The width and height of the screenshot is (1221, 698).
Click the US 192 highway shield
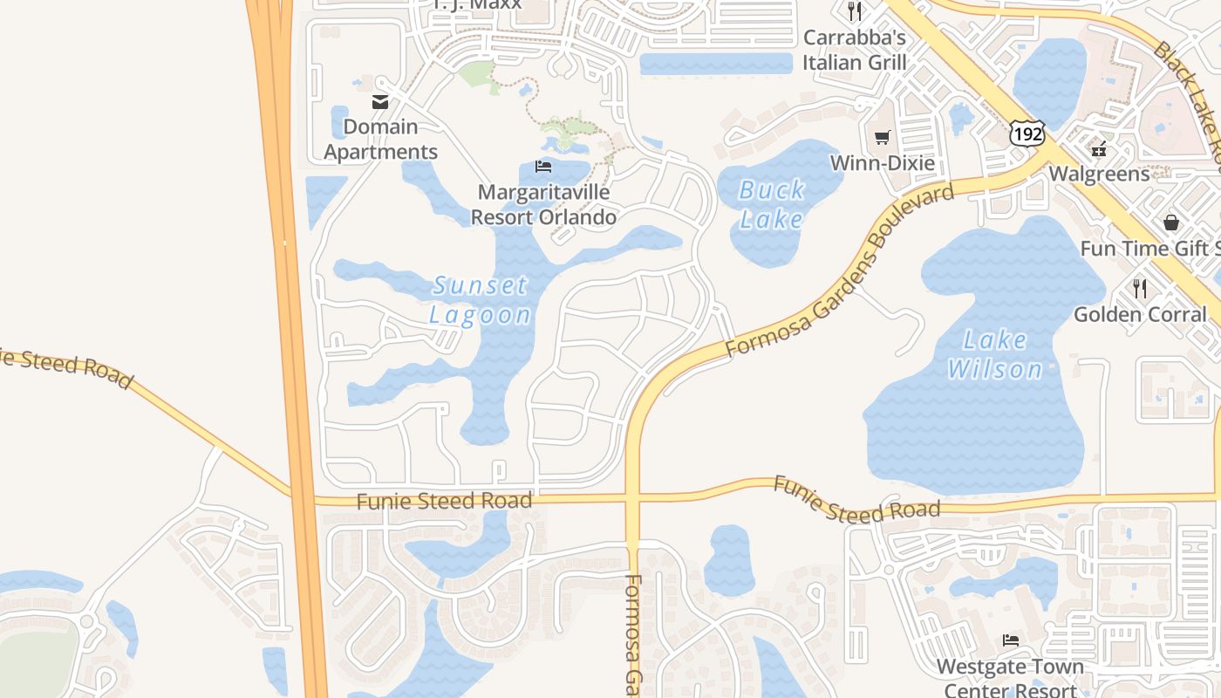coord(1027,133)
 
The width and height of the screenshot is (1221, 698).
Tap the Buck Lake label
coord(771,204)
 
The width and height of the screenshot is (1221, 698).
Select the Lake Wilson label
coord(995,354)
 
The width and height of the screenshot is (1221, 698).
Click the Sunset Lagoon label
coord(480,300)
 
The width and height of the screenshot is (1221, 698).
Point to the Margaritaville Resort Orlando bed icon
coord(543,166)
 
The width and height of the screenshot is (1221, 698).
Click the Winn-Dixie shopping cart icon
coord(882,137)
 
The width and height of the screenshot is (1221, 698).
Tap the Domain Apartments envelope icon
coord(380,102)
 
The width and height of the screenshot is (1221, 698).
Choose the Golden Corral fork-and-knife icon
coord(1139,287)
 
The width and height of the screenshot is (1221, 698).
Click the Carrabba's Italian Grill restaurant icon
coord(855,11)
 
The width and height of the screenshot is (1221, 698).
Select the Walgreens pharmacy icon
coord(1098,148)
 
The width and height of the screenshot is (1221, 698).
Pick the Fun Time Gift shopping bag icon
coord(1170,222)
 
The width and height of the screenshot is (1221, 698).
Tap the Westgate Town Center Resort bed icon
coord(1010,640)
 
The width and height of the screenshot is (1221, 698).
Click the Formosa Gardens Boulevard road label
coord(839,271)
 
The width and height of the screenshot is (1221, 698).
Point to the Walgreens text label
coord(1099,174)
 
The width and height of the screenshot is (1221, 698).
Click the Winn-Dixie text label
coord(882,163)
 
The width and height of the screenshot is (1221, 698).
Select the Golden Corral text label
coord(1140,314)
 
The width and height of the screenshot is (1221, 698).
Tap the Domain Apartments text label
coord(380,140)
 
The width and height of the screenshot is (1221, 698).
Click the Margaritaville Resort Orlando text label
coord(543,204)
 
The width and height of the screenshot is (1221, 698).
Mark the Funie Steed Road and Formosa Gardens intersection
coord(634,499)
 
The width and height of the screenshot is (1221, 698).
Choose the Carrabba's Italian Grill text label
coord(855,50)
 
